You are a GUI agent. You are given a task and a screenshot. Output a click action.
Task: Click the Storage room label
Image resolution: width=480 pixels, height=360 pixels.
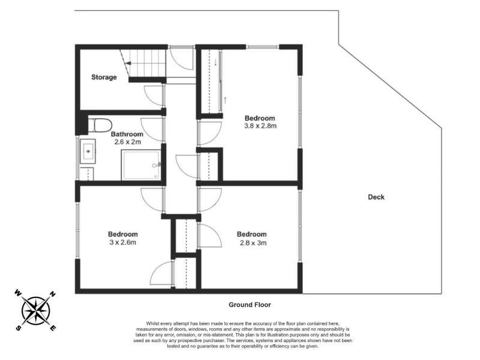click(x=104, y=77)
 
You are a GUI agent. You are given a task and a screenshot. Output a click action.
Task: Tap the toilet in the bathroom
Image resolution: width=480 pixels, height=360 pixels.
click(x=100, y=125)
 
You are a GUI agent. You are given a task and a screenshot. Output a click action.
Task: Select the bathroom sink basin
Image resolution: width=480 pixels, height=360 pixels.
click(x=88, y=151)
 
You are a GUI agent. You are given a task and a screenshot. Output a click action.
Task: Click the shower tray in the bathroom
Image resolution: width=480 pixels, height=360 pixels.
click(x=141, y=164)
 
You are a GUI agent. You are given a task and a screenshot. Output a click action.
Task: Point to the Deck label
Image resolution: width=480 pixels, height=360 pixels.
click(x=376, y=197)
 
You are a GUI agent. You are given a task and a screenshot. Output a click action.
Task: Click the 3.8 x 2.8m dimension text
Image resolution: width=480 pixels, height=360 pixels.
click(x=260, y=126)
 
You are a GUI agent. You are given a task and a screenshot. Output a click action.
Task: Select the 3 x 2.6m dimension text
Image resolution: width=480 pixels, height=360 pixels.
click(x=122, y=242)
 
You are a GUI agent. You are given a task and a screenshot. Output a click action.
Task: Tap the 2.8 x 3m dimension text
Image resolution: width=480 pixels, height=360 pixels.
click(x=253, y=243)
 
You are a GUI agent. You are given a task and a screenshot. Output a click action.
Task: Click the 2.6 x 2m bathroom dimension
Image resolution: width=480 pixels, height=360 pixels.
click(x=127, y=142)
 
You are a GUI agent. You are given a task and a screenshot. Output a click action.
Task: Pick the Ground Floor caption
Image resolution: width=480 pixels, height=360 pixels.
click(x=250, y=305)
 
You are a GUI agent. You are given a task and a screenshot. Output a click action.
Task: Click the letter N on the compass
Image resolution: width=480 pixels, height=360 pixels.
click(x=52, y=295)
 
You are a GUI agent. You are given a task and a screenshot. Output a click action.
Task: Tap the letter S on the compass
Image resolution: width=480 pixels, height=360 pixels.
click(x=19, y=328)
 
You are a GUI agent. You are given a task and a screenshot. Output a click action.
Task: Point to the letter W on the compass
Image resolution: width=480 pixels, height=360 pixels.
click(x=18, y=293)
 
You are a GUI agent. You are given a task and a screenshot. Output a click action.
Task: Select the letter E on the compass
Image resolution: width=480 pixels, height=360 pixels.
click(x=53, y=328)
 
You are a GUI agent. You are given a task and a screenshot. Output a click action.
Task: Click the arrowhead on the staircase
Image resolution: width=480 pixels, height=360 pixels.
click(x=128, y=64)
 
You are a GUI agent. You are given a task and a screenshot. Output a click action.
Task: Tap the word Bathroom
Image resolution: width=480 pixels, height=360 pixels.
click(x=127, y=134)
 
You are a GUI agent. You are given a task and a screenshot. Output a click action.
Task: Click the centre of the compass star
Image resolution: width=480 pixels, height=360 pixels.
click(x=36, y=311)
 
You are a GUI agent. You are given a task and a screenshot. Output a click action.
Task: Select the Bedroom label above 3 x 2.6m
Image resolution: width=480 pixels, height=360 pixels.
click(x=123, y=234)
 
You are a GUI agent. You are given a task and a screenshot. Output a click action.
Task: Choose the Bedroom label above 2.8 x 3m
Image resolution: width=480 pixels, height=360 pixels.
click(x=251, y=234)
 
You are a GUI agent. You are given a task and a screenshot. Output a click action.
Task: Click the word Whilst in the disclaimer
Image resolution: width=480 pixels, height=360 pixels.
click(x=152, y=323)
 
